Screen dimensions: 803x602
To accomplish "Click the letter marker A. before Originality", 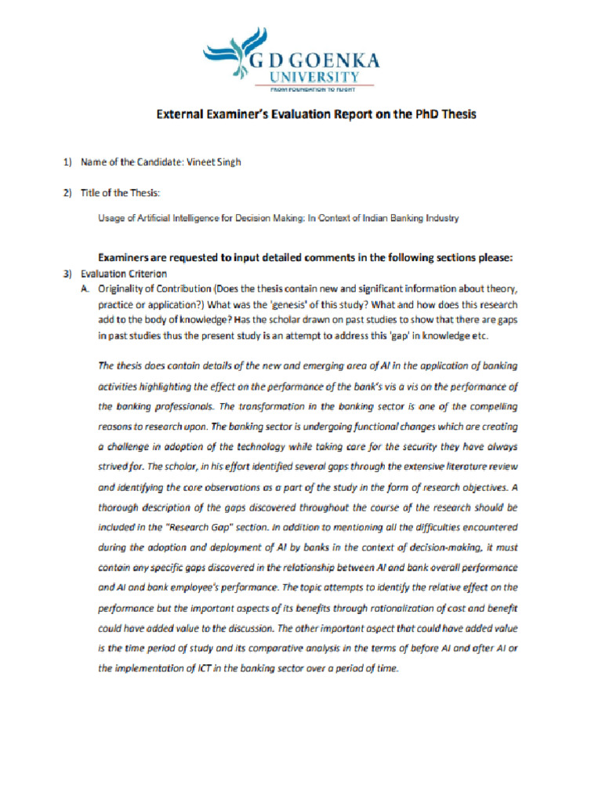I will point(86,288).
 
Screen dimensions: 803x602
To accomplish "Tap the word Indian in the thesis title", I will point(362,218).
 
